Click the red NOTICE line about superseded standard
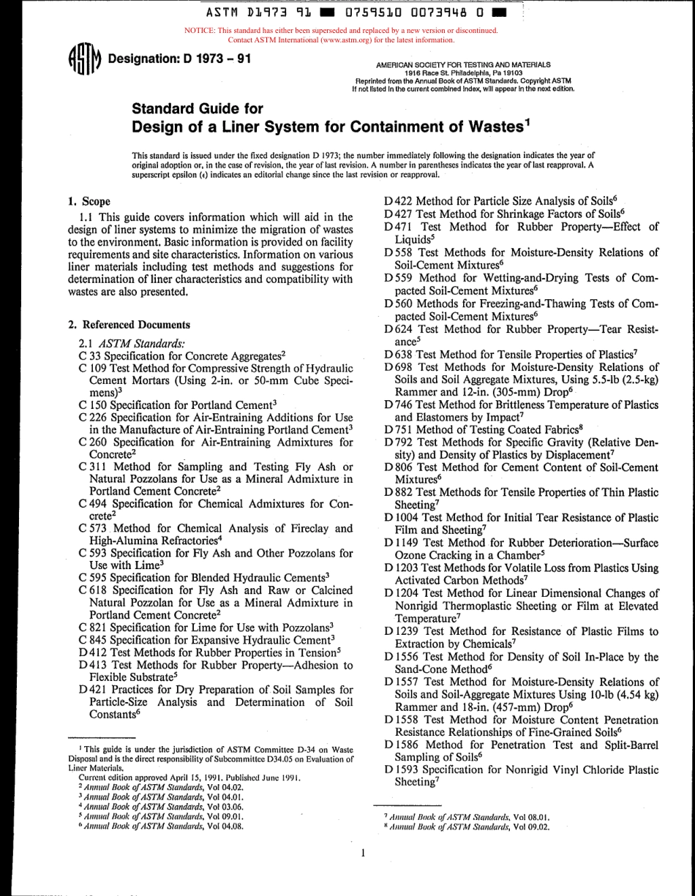point(341,31)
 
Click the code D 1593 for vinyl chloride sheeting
point(402,769)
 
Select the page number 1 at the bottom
point(364,853)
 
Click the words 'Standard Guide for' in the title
point(197,109)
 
